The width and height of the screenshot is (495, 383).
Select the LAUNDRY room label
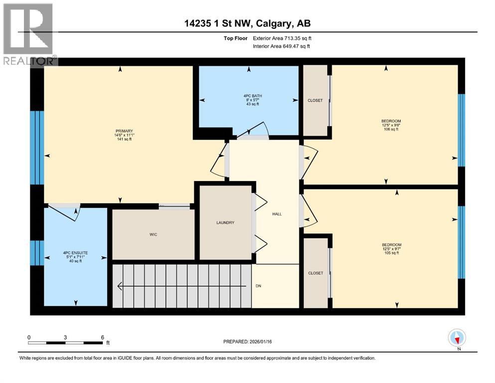pyautogui.click(x=225, y=223)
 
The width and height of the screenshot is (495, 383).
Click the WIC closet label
pyautogui.click(x=154, y=234)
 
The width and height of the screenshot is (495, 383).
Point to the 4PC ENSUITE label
pyautogui.click(x=75, y=253)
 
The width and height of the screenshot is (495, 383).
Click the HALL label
pyautogui.click(x=277, y=214)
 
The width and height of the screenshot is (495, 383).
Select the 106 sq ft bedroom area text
pyautogui.click(x=391, y=129)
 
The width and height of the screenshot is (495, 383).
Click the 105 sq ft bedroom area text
pyautogui.click(x=391, y=253)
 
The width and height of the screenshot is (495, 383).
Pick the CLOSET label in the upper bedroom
pyautogui.click(x=315, y=100)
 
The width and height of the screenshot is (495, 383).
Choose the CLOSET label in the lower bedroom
pyautogui.click(x=315, y=273)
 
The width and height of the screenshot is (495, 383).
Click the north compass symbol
pyautogui.click(x=457, y=338)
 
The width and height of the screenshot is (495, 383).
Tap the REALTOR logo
pyautogui.click(x=29, y=34)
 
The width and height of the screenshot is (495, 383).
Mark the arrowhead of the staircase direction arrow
pyautogui.click(x=120, y=286)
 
